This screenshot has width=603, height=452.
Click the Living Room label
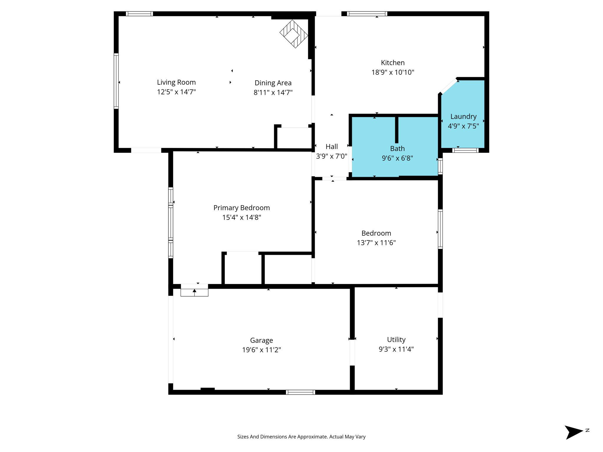pos(176,82)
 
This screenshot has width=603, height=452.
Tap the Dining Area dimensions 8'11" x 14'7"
pos(273,92)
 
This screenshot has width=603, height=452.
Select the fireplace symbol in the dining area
pos(294,34)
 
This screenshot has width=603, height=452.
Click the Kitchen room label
pos(393,63)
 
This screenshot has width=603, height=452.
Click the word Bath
pos(397,149)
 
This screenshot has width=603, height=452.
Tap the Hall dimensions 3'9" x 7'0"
pos(332,156)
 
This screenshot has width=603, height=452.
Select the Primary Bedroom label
pos(241,208)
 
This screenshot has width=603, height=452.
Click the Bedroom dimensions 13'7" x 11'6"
pos(376,242)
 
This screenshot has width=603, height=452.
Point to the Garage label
pos(261,340)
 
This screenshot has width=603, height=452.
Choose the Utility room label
pos(396,340)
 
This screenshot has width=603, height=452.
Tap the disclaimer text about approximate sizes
pos(301,437)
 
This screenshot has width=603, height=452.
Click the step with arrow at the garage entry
pos(194,292)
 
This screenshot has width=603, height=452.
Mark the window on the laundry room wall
pos(465,150)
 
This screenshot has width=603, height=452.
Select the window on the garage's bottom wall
pos(300,392)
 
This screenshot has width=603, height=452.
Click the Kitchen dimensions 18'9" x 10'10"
pos(393,72)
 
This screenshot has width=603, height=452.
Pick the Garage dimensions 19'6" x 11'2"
pos(261,350)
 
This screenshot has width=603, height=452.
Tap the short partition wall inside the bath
pos(397,130)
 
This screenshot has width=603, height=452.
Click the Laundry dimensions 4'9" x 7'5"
pos(463,126)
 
